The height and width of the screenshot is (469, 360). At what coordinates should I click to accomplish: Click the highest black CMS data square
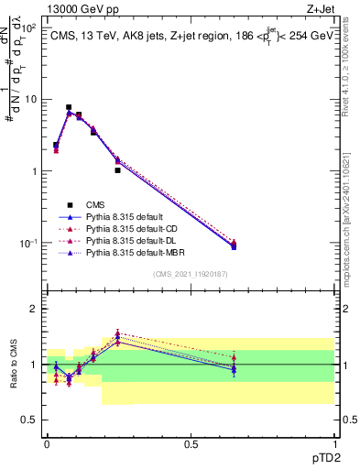click(69, 107)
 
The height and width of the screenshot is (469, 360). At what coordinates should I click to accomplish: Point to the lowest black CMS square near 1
click(117, 170)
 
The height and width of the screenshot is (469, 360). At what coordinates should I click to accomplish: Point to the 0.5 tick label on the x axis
click(191, 444)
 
